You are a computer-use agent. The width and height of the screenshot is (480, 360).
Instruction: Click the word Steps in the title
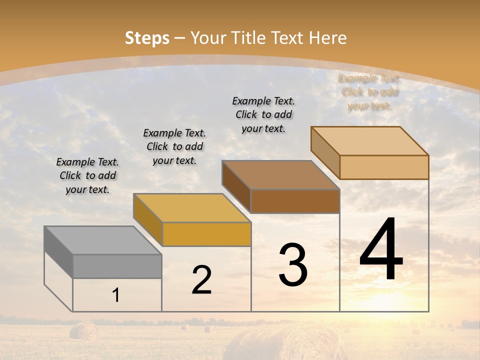[x=147, y=38]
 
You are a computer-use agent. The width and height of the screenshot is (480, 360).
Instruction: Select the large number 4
[x=381, y=249]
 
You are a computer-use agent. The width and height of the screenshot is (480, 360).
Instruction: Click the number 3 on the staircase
[x=293, y=265]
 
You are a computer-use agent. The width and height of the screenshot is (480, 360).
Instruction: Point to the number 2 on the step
[x=201, y=280]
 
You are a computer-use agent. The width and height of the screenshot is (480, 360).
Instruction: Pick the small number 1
[x=116, y=295]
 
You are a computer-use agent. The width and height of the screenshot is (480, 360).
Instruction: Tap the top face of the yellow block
[x=192, y=208]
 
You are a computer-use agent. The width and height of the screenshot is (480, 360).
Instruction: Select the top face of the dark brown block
[x=281, y=175]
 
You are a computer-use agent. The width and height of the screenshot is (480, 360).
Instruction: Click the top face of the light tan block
[x=370, y=141]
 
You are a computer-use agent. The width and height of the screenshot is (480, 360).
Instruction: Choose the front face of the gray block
[x=117, y=266]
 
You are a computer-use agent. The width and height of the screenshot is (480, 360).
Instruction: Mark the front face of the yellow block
[x=206, y=234]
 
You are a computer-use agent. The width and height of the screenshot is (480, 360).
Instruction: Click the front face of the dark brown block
[x=295, y=201]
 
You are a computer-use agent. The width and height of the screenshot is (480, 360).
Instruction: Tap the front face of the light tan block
[x=384, y=167]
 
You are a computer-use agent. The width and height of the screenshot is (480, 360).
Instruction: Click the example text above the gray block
[x=88, y=175]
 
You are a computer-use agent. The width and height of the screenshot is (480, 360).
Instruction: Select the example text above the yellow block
[x=174, y=146]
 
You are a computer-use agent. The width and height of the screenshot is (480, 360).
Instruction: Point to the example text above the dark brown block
[x=263, y=114]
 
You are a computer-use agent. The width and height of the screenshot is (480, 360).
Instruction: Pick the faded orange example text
[x=370, y=92]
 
